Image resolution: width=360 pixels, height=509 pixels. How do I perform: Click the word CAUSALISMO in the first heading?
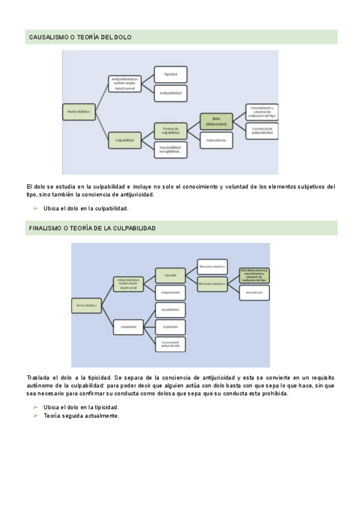point(49,37)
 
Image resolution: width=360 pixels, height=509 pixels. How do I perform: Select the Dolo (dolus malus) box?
point(217,121)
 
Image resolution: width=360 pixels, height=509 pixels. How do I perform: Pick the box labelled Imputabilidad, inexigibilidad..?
point(171,149)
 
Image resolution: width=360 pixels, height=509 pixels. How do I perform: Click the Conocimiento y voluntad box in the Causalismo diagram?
point(262,112)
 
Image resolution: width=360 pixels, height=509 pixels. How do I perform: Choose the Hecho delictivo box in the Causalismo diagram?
point(79,112)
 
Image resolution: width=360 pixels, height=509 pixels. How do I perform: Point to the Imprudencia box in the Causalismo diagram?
point(217,140)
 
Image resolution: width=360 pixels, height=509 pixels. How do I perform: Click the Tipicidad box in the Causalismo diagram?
point(171,74)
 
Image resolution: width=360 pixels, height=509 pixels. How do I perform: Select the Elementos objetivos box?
point(212,265)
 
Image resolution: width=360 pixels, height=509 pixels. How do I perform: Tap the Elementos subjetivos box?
point(212,282)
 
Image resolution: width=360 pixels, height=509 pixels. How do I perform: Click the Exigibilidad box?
point(170,327)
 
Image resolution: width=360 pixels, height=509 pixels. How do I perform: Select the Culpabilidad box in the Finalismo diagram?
point(129,327)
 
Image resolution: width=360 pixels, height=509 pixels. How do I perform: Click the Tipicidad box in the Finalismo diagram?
point(170,275)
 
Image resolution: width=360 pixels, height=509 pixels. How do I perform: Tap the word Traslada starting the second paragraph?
point(40,376)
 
